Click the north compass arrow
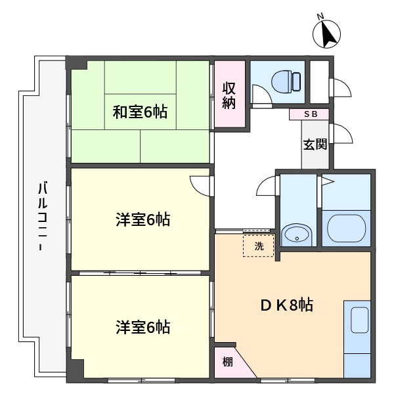328,34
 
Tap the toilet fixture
286,81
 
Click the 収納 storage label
229,95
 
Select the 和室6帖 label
140,112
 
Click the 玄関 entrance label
315,144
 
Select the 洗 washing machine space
258,246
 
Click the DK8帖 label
287,305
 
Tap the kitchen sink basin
360,320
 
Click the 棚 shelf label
228,362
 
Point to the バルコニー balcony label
42,217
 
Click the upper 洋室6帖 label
143,220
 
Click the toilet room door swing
262,94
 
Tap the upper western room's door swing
200,186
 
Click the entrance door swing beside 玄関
343,134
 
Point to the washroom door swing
266,185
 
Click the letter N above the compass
320,16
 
